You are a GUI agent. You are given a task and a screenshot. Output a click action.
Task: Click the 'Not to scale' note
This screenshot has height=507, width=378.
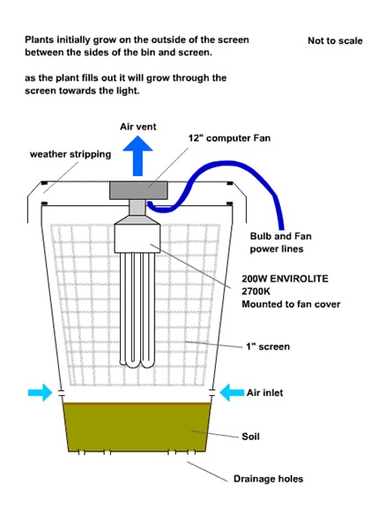coord(335,40)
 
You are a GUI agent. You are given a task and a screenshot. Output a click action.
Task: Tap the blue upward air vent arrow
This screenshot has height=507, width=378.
coord(137,156)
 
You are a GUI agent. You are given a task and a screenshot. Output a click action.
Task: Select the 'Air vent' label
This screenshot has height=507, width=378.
coord(137,127)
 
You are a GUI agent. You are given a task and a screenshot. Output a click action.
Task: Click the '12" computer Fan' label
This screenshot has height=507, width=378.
coord(229,138)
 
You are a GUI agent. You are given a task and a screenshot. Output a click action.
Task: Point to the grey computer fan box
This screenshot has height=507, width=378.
coord(138,190)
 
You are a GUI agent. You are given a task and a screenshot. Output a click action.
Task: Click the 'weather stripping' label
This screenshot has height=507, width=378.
coord(70,154)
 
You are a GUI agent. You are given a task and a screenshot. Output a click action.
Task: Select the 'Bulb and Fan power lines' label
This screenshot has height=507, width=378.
coord(280,243)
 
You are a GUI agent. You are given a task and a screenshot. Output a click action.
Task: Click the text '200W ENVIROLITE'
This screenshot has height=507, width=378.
coord(285,278)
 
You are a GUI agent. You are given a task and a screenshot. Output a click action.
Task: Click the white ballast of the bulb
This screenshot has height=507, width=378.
coord(137,239)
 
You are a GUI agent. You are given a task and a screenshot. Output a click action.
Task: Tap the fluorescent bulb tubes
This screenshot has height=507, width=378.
coord(137,310)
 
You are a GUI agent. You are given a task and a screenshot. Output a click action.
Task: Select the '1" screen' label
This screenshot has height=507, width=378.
coord(268,347)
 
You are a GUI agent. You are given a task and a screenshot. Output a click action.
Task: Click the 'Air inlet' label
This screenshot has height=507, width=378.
coord(264,393)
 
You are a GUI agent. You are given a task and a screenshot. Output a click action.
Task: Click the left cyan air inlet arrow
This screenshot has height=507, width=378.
coord(40,393)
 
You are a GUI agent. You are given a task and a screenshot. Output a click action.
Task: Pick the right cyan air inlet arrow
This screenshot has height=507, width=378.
coord(232,393)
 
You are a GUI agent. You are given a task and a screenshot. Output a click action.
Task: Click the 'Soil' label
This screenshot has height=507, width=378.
coord(250,437)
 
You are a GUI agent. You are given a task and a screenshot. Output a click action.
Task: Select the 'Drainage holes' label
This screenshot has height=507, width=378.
coord(268,479)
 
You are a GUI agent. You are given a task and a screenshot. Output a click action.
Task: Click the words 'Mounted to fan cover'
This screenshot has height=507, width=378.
coord(291,305)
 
